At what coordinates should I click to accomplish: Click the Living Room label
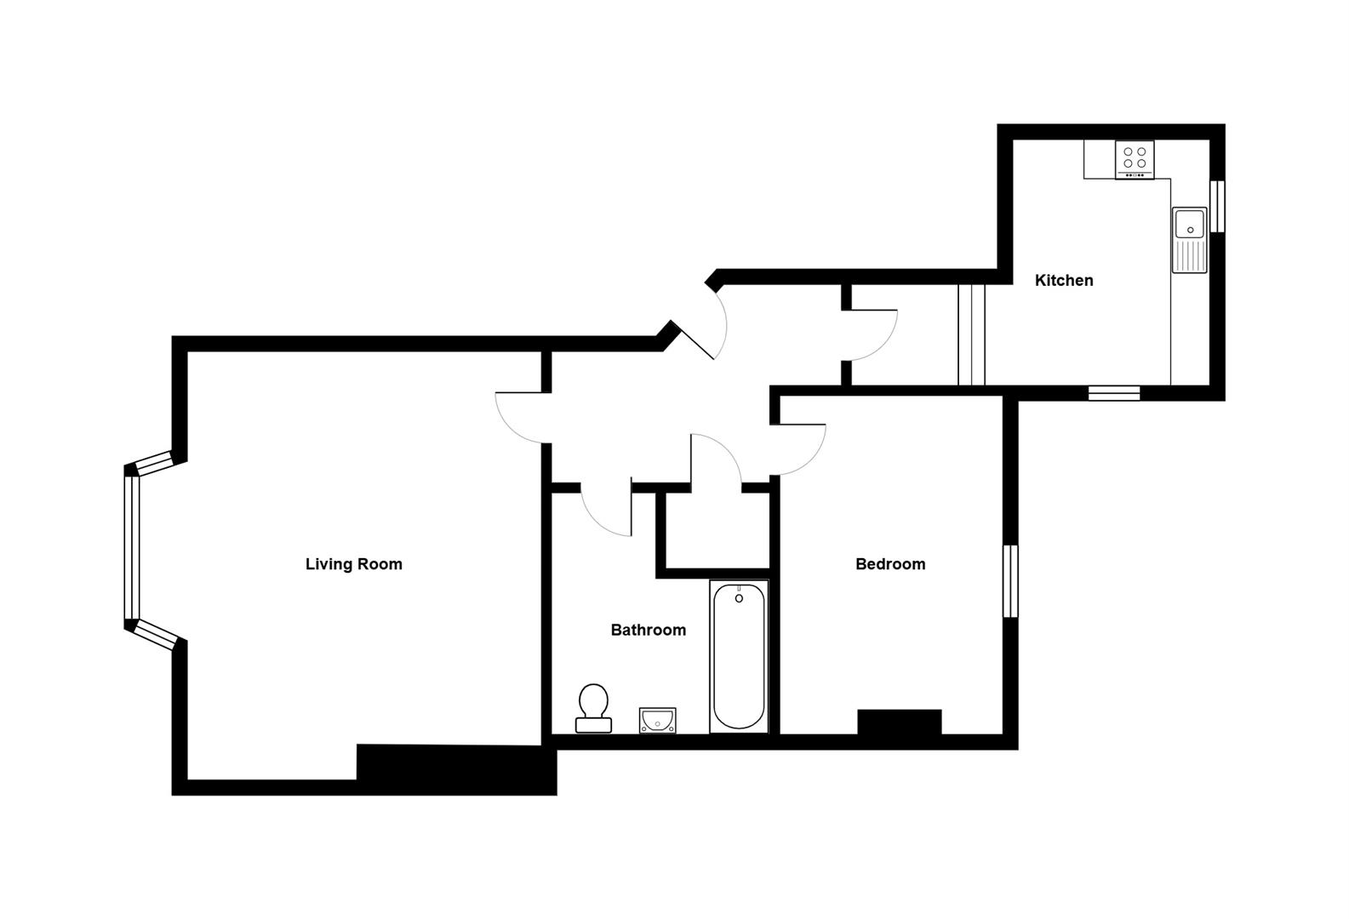353,564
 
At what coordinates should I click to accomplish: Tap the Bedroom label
889,564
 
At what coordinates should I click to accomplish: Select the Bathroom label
648,631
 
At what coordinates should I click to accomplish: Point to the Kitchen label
1063,280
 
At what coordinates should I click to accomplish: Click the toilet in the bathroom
593,709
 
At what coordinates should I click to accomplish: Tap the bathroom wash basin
658,720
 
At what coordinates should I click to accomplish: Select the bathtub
738,656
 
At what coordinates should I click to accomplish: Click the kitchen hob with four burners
1135,159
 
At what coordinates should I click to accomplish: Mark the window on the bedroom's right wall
1010,581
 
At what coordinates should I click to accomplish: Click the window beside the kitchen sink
1218,206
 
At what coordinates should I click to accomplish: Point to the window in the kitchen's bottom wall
1114,392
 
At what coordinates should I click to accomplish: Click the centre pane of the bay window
131,548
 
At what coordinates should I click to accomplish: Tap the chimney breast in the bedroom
899,722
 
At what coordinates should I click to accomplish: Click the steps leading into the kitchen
971,334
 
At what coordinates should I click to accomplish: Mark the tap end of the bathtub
739,596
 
